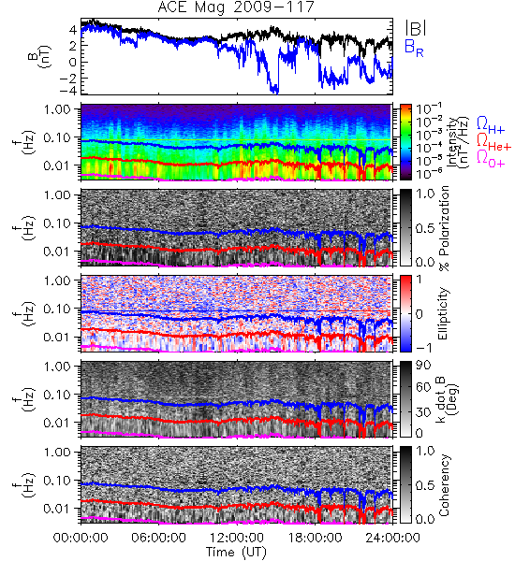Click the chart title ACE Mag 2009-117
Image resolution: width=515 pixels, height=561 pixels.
point(236,7)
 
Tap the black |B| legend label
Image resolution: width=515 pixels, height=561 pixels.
point(416,28)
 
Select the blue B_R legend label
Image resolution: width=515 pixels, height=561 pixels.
point(414,48)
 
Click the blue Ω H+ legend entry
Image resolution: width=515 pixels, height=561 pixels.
point(491,125)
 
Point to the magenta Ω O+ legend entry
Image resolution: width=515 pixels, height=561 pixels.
point(491,159)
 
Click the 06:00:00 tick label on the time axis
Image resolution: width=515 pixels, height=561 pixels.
point(158,538)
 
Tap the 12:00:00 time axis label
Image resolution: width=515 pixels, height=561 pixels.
point(237,538)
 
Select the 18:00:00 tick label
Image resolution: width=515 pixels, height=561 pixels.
point(315,538)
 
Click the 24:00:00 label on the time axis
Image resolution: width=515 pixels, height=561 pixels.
point(392,538)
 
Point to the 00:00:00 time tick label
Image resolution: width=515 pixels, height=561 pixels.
point(81,538)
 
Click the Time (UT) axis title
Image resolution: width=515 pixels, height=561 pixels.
point(236,553)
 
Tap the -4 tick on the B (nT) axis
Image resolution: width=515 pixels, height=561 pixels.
point(68,90)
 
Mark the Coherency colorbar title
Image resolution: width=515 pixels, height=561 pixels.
point(444,485)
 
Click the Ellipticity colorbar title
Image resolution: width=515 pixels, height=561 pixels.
point(443,314)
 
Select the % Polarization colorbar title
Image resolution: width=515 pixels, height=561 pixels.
point(444,228)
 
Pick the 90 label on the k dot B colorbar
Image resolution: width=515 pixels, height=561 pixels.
point(423,365)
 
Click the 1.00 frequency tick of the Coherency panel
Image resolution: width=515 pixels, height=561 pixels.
point(58,452)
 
